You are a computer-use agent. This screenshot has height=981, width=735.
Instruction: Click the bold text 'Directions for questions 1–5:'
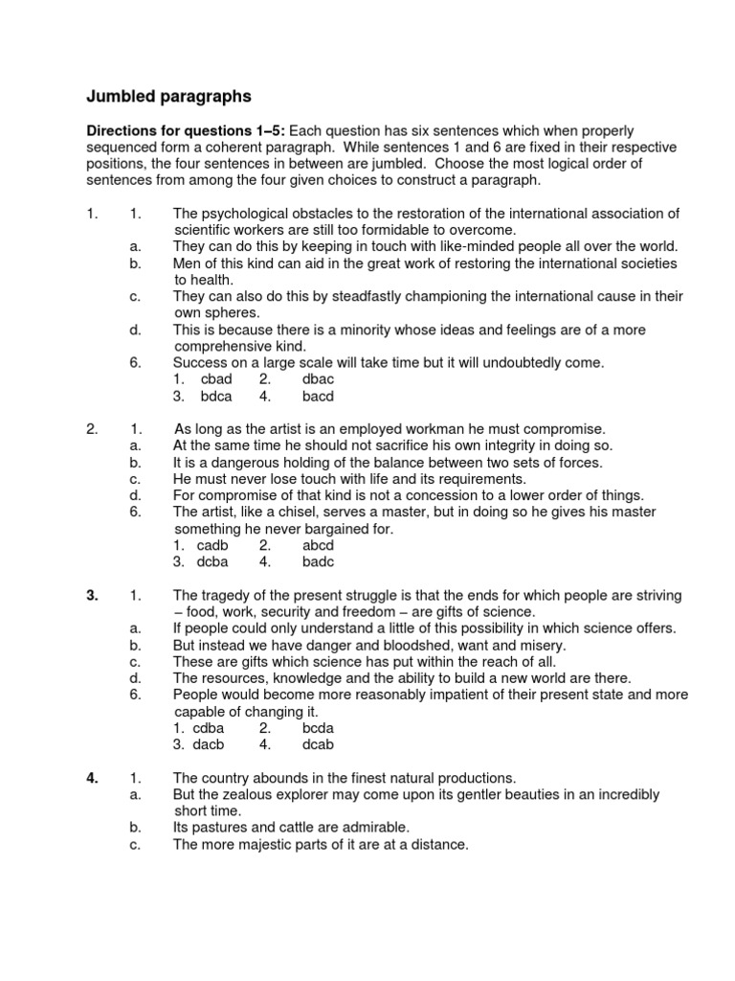[x=186, y=130]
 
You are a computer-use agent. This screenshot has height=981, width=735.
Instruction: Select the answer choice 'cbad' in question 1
[x=217, y=379]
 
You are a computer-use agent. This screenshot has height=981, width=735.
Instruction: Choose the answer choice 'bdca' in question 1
[x=217, y=396]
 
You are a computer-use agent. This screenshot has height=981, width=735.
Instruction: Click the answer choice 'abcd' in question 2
[x=318, y=545]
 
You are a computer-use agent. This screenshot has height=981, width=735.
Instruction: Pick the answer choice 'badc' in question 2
[x=318, y=561]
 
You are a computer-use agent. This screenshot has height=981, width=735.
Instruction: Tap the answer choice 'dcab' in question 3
[x=318, y=744]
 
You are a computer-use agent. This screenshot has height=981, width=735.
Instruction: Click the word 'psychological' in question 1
[x=245, y=214]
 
